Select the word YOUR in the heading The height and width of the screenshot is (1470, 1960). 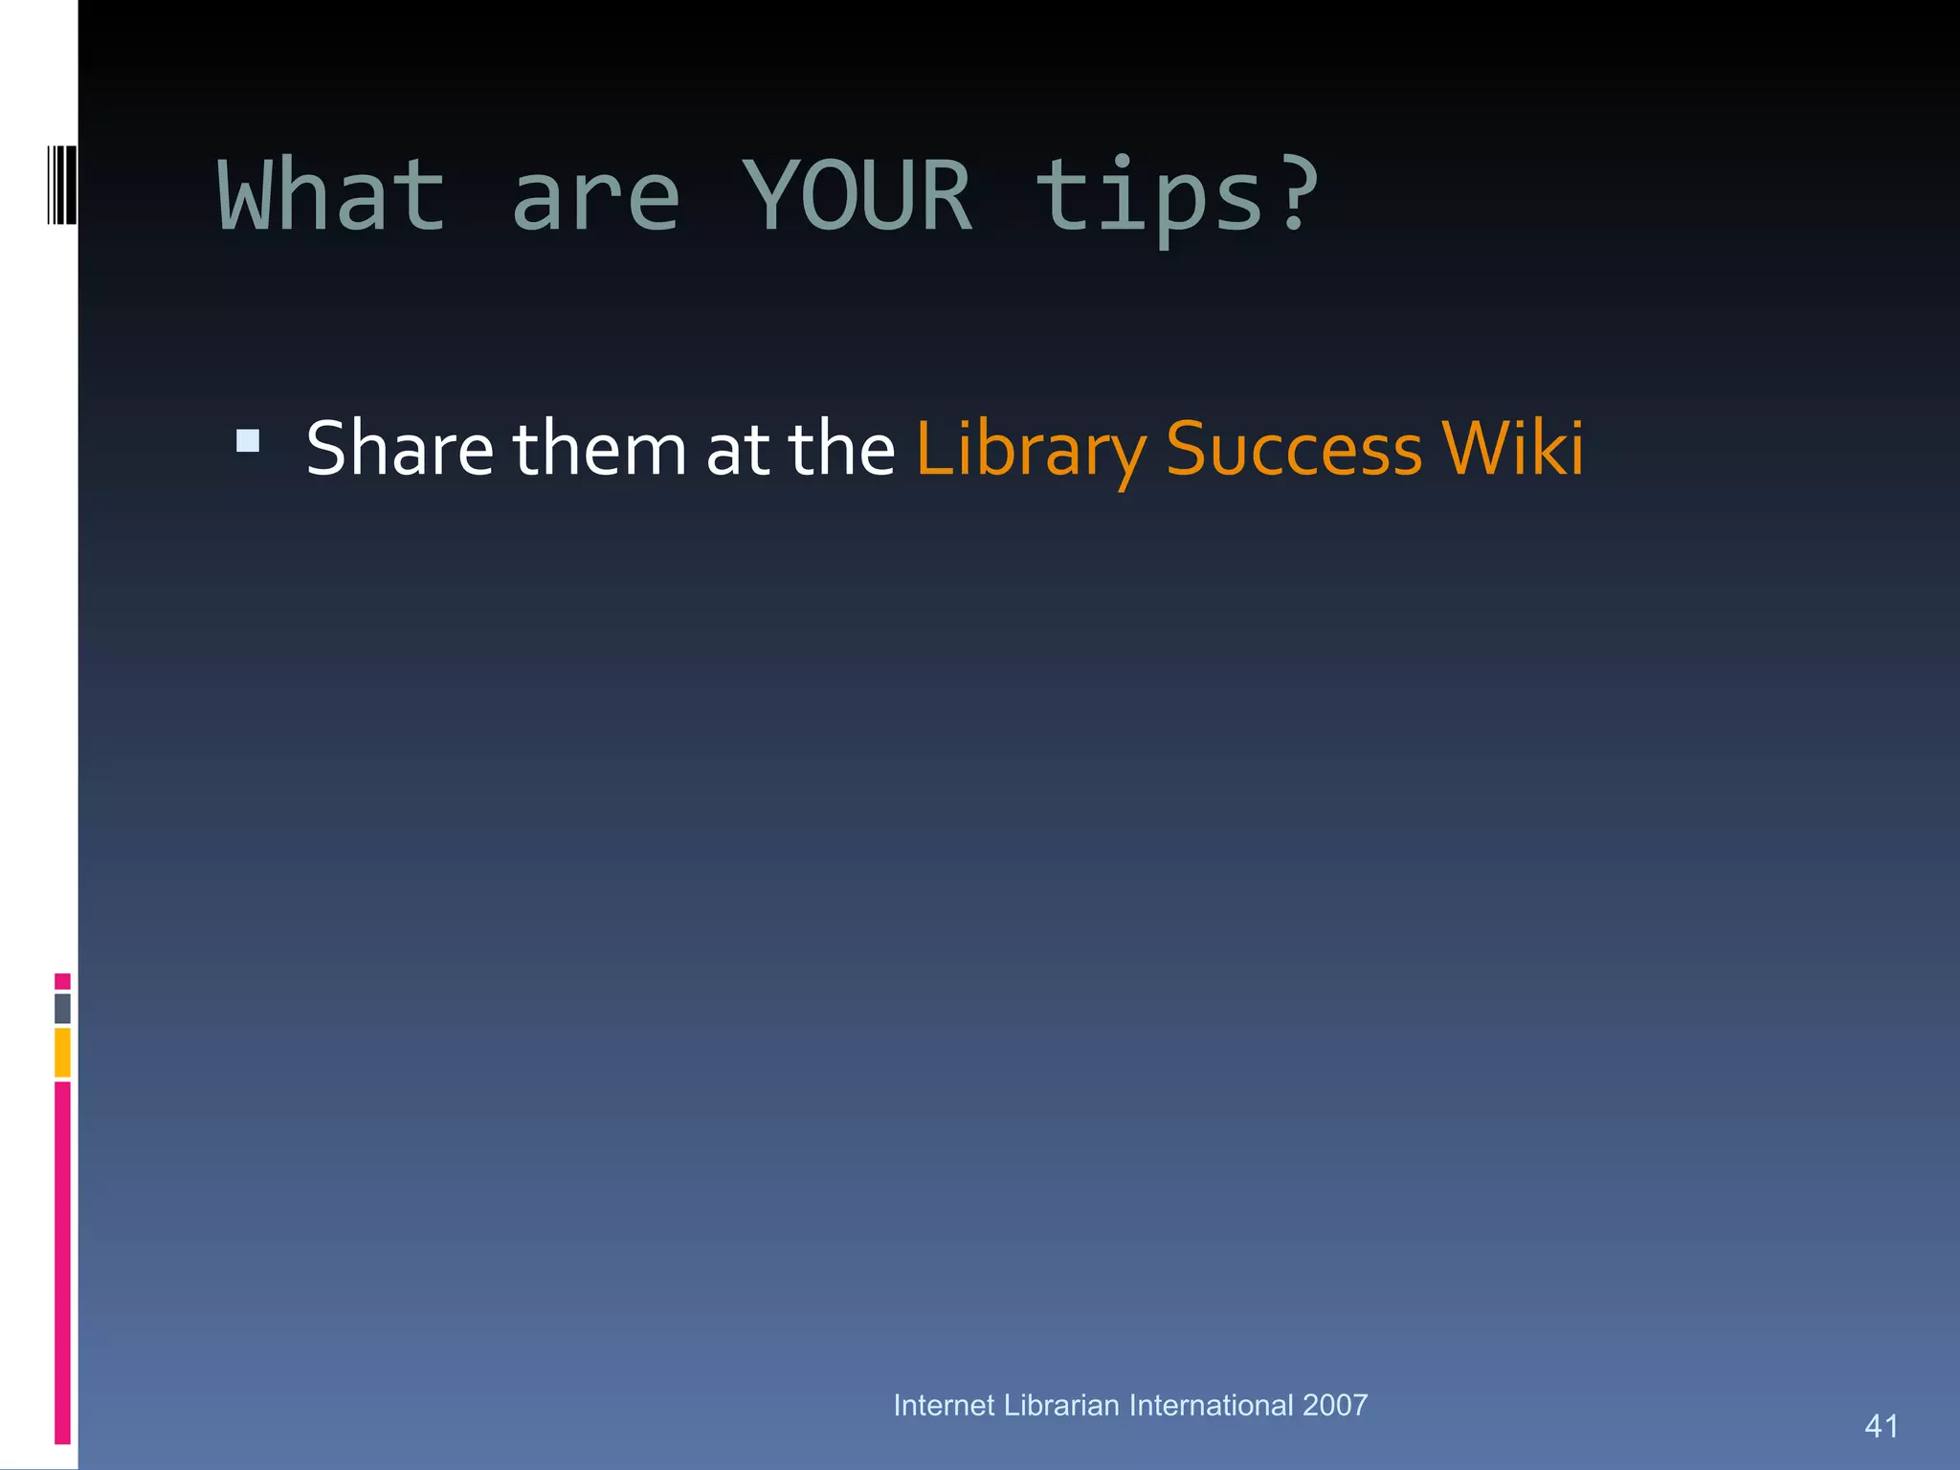coord(857,196)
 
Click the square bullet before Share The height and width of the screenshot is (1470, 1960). coord(248,441)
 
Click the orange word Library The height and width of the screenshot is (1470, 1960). coord(1031,450)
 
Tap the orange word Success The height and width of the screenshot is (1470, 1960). coord(1294,450)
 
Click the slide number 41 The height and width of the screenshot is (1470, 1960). coord(1881,1426)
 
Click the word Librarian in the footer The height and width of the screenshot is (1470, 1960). coord(1061,1405)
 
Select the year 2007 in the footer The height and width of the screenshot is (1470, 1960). coord(1335,1405)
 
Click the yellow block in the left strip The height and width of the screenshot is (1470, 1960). coord(62,1052)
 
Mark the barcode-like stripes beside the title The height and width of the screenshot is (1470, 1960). coord(62,185)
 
